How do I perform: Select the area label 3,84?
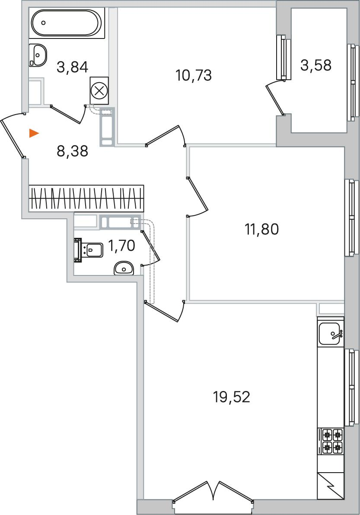[73, 67]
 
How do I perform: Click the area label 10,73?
[194, 76]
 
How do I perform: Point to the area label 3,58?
[315, 65]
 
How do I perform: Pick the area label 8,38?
[73, 151]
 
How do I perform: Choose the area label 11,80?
[262, 229]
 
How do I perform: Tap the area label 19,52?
[231, 397]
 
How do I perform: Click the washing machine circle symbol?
[99, 91]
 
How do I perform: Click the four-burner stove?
[331, 441]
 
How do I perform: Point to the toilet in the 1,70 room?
[89, 250]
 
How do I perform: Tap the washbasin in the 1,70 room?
[124, 269]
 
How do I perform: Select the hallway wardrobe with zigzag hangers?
[86, 198]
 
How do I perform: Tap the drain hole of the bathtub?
[44, 23]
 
